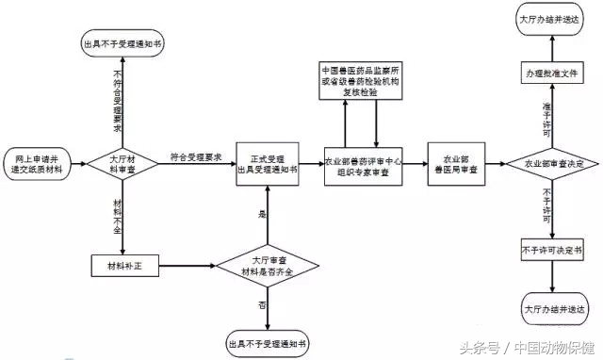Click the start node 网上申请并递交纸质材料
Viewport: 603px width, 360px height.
tap(37, 161)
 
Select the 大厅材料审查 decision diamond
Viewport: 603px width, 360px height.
tap(122, 161)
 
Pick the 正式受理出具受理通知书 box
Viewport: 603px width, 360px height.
tap(268, 163)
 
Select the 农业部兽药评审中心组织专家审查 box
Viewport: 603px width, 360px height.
tap(363, 163)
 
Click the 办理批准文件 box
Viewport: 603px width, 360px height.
tap(553, 73)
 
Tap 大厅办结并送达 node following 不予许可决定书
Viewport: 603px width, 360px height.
tap(552, 308)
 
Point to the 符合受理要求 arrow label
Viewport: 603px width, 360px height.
tap(195, 156)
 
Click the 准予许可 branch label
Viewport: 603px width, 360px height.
tap(547, 115)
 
